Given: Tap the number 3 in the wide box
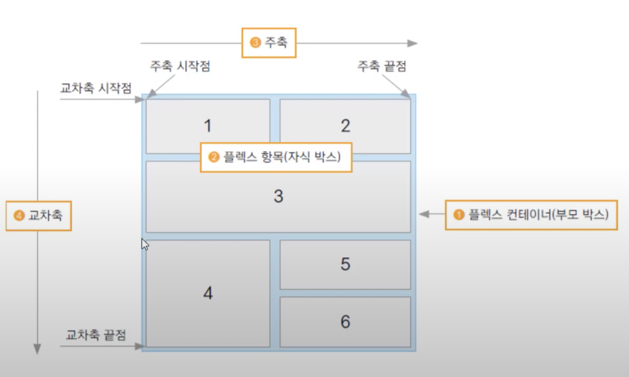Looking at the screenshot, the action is click(x=278, y=196).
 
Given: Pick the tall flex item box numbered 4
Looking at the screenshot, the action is click(x=208, y=293).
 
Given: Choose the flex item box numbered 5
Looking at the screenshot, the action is click(x=345, y=264).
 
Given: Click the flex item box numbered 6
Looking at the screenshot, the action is click(x=345, y=322).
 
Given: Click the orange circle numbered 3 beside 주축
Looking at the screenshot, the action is click(x=255, y=43).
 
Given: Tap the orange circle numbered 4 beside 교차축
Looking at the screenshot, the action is click(x=19, y=216).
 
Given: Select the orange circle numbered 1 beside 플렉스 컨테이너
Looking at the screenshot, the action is click(x=458, y=215).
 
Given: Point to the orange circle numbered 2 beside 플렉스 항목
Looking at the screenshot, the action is click(x=214, y=157).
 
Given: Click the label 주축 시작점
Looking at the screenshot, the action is click(x=180, y=66).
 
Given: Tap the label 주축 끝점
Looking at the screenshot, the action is click(x=382, y=66).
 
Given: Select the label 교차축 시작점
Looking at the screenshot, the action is click(x=96, y=88).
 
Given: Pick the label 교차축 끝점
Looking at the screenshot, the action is click(x=96, y=335).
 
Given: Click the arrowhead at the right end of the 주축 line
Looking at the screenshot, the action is click(x=412, y=43).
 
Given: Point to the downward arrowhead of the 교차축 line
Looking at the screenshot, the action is click(x=37, y=349).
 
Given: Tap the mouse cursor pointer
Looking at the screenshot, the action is click(x=145, y=244).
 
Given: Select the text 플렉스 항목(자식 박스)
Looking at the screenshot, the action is click(x=282, y=157).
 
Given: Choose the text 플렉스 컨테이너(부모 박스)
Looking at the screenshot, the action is click(x=538, y=215).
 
